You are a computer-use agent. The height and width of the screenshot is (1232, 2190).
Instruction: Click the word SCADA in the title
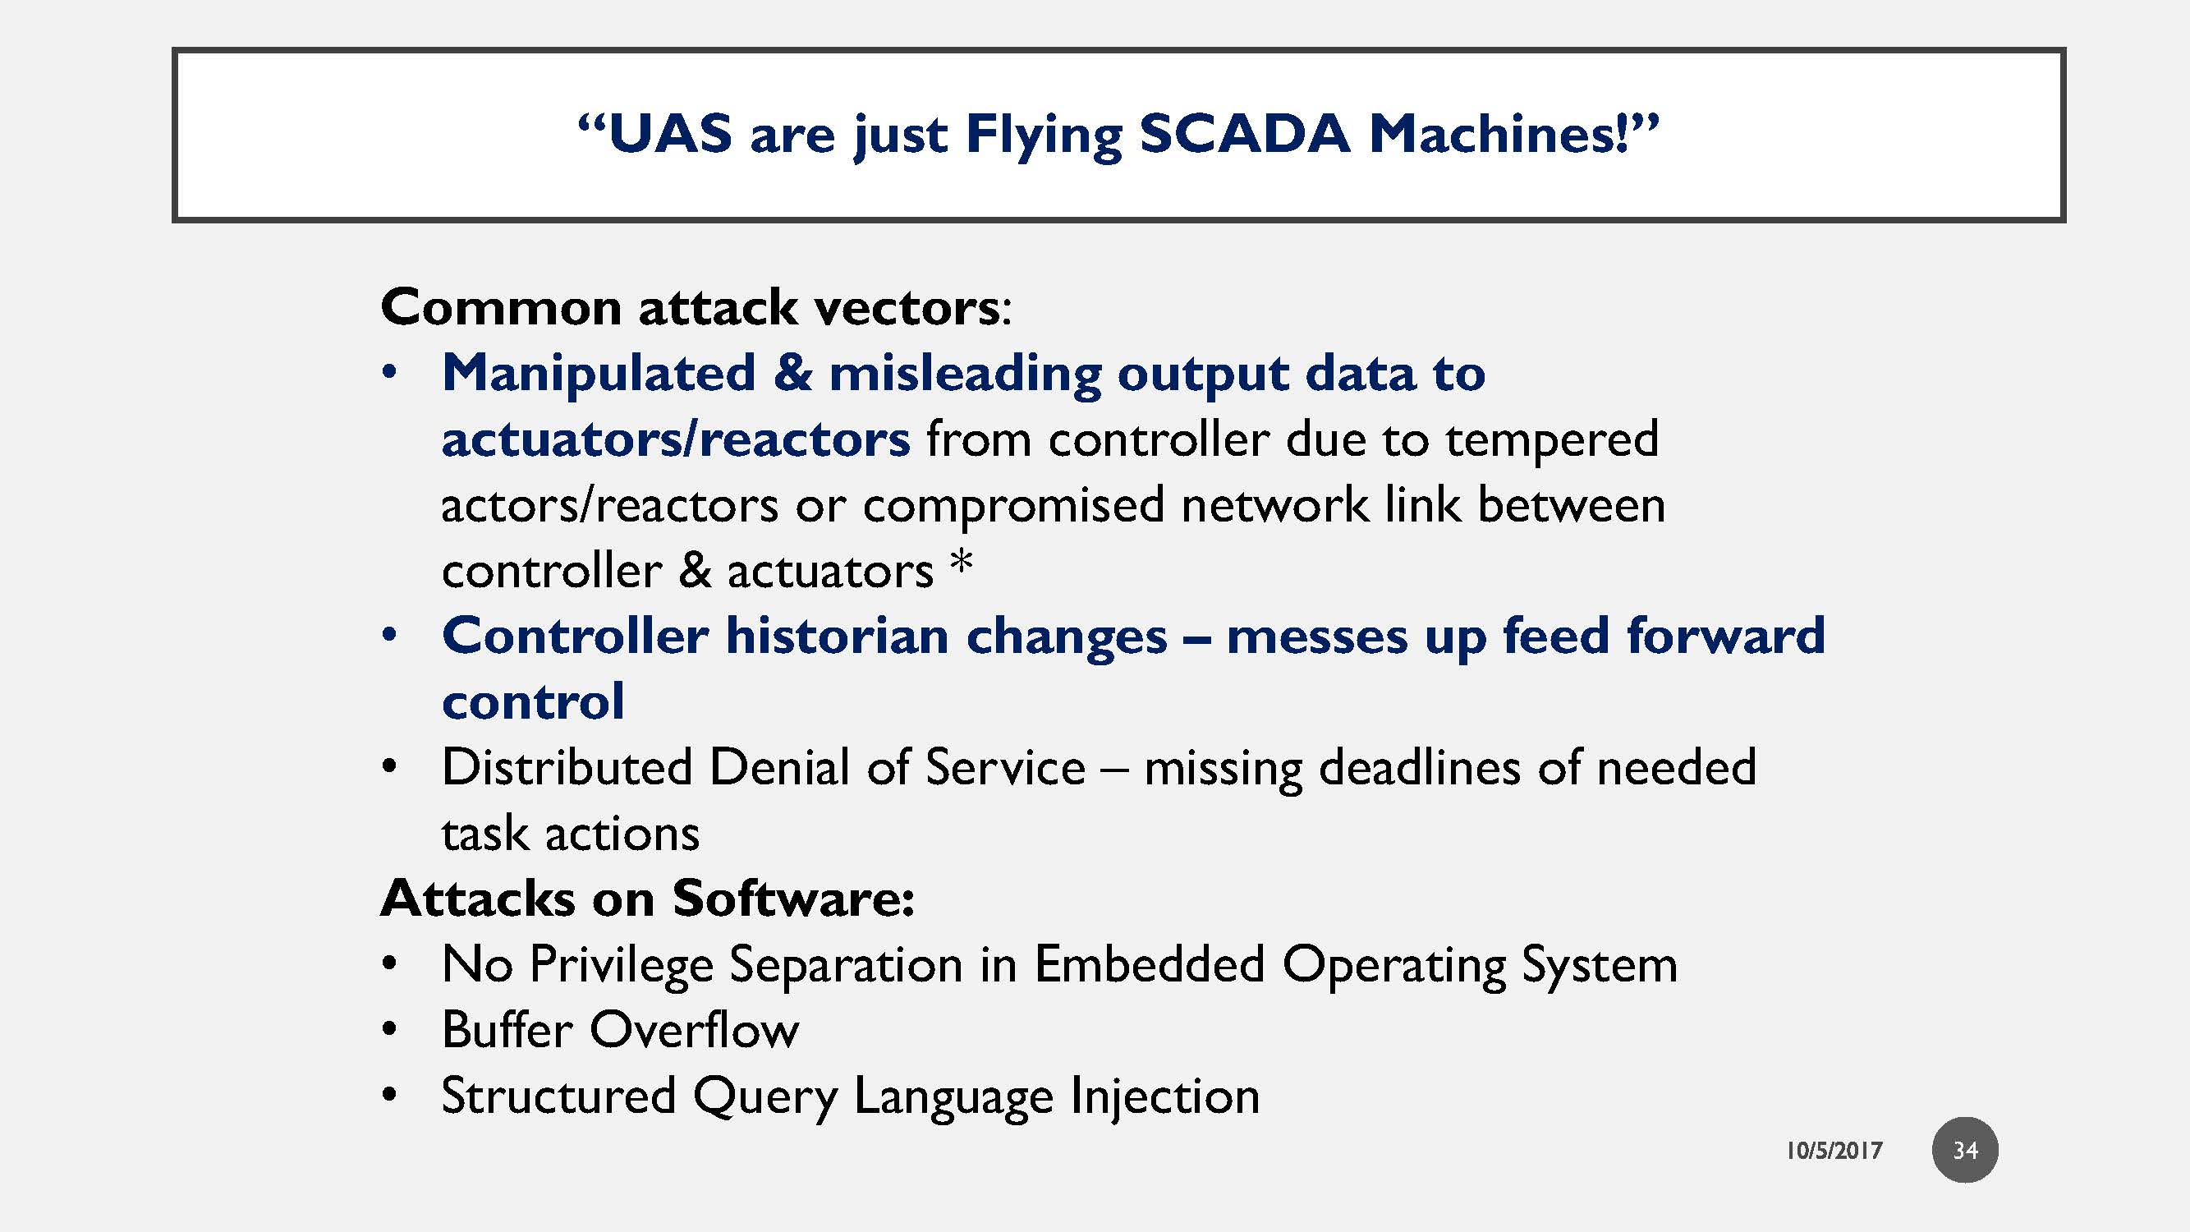coord(1244,135)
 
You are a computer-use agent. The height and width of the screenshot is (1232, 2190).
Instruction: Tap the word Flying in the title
coord(1043,136)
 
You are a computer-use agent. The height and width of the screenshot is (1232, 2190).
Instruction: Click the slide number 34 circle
coord(1965,1150)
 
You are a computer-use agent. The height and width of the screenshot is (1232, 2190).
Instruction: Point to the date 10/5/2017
coord(1834,1151)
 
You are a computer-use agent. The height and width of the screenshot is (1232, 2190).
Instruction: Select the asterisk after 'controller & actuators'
coord(962,563)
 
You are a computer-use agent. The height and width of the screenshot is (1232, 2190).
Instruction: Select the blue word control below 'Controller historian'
coord(533,701)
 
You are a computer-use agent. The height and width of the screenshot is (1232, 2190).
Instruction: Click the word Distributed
coord(567,767)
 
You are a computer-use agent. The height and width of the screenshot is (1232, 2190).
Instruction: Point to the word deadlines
coord(1419,768)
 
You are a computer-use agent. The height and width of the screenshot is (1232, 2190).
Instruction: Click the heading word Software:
coord(793,898)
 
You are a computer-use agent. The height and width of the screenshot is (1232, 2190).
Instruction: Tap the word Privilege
coord(621,965)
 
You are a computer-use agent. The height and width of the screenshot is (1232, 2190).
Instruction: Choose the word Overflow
coord(694,1030)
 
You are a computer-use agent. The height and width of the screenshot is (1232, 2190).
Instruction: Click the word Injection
coord(1164,1095)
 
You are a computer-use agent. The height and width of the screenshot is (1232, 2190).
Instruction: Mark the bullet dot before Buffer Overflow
coord(389,1030)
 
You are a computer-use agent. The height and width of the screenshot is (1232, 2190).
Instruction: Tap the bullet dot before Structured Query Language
coord(389,1095)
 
